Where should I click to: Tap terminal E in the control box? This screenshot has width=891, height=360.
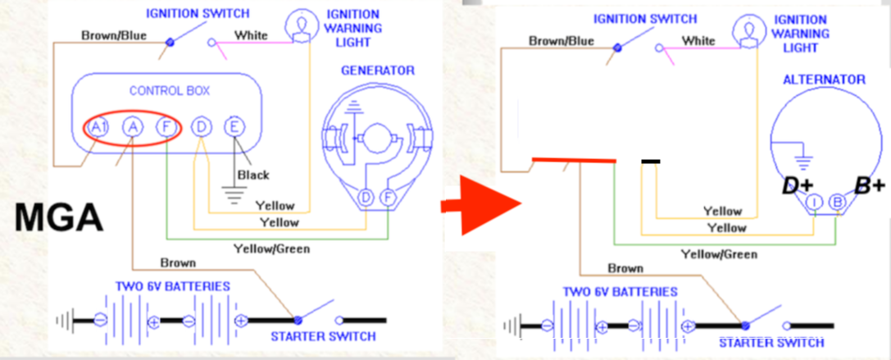[x=234, y=127]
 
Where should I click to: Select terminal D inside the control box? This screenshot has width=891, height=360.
[x=200, y=127]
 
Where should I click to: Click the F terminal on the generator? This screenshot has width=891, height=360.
[x=388, y=198]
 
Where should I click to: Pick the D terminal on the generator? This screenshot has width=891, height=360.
[x=366, y=198]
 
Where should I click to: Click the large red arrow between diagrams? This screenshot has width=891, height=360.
[x=480, y=205]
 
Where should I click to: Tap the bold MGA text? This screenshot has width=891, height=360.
[x=58, y=217]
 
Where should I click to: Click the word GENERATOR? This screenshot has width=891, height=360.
[x=377, y=71]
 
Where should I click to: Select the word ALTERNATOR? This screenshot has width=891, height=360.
[x=824, y=80]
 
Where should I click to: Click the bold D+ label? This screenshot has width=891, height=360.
[x=798, y=186]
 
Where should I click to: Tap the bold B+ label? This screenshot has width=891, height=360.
[x=870, y=186]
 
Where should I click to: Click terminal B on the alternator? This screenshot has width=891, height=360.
[x=836, y=203]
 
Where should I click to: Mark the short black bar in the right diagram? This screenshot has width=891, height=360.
[x=651, y=162]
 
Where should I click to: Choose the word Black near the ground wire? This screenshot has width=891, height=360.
[x=253, y=175]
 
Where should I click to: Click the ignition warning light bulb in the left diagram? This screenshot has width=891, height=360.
[x=301, y=25]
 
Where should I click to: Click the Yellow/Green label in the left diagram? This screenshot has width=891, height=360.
[x=271, y=248]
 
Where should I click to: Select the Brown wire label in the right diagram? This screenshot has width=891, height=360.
[x=625, y=268]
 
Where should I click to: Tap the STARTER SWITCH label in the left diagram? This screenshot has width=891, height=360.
[x=323, y=336]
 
